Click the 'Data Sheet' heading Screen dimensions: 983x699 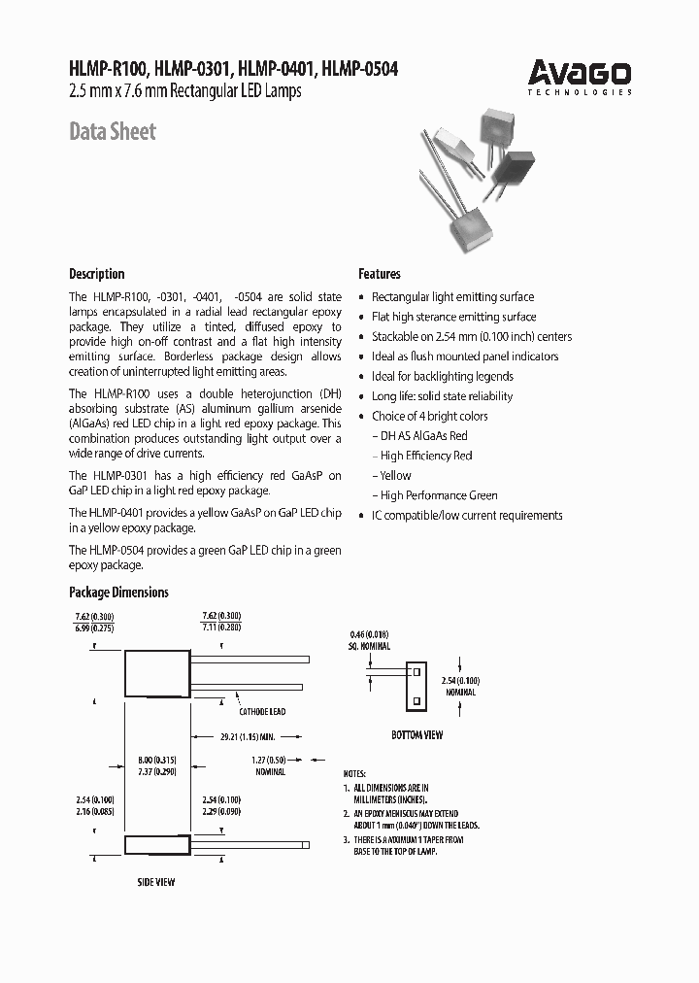click(x=112, y=131)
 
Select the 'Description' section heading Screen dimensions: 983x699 click(x=96, y=274)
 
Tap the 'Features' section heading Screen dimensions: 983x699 click(x=379, y=274)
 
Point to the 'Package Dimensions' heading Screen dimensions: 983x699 click(x=118, y=593)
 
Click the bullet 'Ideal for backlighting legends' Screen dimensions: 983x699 click(x=442, y=376)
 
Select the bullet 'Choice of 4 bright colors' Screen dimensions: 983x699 click(x=429, y=416)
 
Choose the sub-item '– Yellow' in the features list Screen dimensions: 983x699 click(x=392, y=475)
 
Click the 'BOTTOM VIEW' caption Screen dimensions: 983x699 click(x=416, y=735)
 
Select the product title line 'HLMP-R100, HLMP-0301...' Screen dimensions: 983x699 click(x=233, y=70)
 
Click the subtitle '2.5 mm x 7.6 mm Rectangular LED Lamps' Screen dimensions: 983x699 click(x=185, y=92)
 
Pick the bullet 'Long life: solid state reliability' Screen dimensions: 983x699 click(x=442, y=396)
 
